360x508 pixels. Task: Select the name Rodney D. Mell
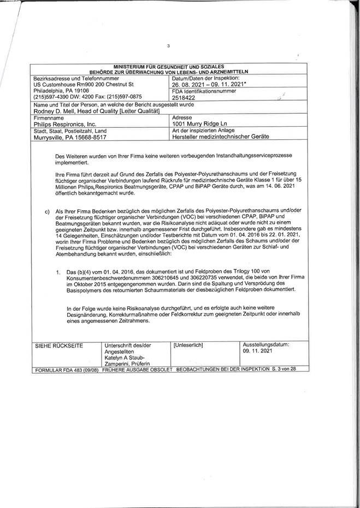coord(56,111)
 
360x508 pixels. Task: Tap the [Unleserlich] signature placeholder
coord(188,346)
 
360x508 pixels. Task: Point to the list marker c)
coord(48,211)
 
